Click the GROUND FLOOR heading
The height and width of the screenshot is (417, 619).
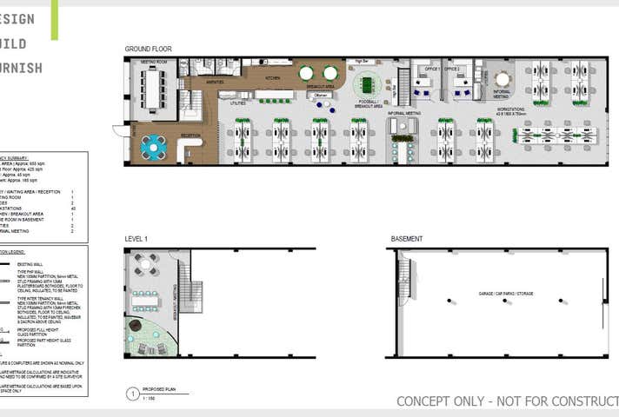pos(147,50)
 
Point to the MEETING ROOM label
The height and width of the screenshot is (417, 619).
pos(154,63)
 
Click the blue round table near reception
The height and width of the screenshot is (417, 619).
pos(154,146)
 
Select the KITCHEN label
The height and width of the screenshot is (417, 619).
pos(272,78)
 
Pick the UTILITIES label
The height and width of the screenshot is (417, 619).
pos(237,103)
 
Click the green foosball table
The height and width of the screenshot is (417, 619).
pos(366,84)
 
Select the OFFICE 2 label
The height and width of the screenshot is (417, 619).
pos(451,68)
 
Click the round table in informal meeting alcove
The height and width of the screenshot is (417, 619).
pos(503,79)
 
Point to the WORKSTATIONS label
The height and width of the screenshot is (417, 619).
pos(511,110)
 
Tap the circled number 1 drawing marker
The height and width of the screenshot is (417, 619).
pos(132,393)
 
